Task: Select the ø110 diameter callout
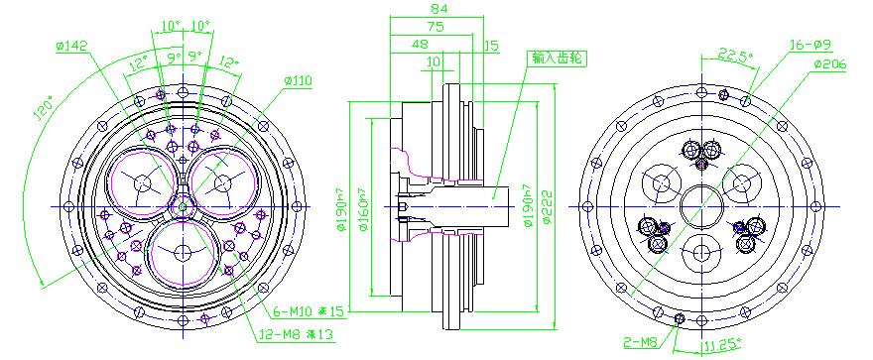(x=298, y=79)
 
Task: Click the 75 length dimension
(x=434, y=26)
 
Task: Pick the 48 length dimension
(x=420, y=45)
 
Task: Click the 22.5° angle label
(x=733, y=54)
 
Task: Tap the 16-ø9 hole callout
(x=808, y=45)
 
